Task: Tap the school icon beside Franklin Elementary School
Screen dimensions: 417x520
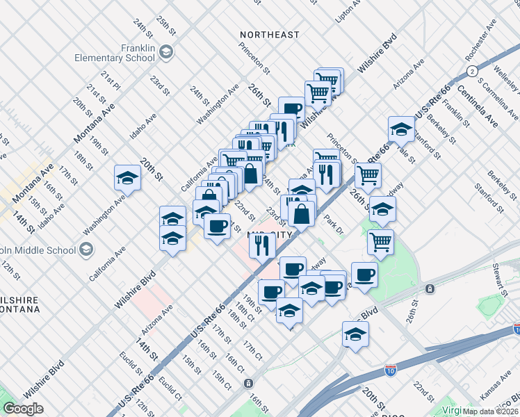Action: [165, 52]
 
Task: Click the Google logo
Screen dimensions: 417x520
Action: [23, 409]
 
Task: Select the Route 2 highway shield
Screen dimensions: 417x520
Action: [472, 72]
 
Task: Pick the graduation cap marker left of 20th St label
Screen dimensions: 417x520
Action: [128, 179]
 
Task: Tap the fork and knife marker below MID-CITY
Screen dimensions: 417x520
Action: [262, 245]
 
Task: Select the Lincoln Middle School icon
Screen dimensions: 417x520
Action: [86, 249]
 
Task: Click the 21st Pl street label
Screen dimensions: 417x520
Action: [111, 82]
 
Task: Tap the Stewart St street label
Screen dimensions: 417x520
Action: [501, 275]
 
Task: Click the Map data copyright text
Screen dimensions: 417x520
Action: [490, 411]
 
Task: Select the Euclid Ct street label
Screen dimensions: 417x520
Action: [170, 385]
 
